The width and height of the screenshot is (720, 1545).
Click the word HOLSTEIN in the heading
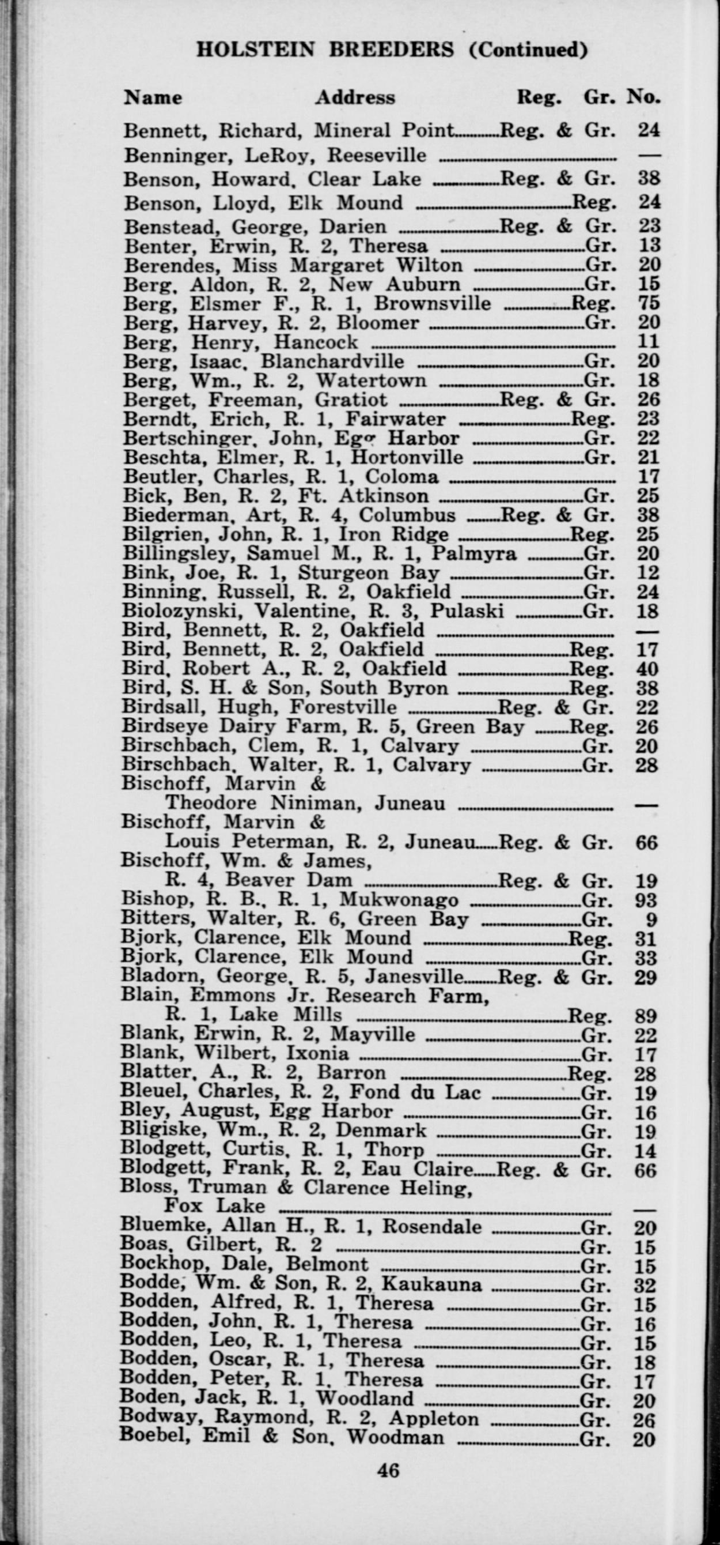[255, 49]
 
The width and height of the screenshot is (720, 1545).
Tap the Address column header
[355, 97]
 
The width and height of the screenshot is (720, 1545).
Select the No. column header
[643, 97]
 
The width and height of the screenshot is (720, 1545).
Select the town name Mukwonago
[399, 900]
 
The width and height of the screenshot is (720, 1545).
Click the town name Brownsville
[432, 303]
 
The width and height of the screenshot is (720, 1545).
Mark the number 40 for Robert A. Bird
[647, 669]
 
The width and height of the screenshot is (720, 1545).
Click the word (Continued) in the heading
[528, 49]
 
